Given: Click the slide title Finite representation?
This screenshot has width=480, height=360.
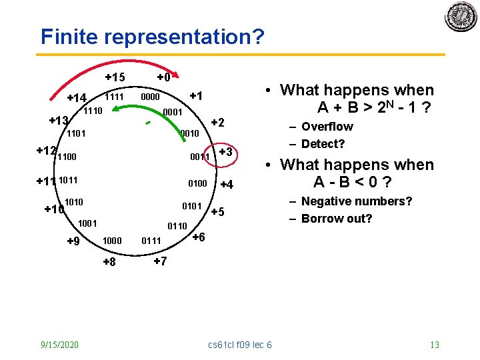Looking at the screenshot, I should (152, 37).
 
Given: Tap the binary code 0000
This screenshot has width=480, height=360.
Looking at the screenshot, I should (149, 97).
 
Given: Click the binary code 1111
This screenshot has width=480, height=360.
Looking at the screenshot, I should (115, 97).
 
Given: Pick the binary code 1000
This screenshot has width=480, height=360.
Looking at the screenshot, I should (111, 241).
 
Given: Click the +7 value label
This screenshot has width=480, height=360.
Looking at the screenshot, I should (160, 261).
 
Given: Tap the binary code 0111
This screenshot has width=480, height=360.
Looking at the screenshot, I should (151, 241).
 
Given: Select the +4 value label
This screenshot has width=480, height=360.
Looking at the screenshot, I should (226, 185).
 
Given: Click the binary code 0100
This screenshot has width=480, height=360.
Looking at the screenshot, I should (197, 183).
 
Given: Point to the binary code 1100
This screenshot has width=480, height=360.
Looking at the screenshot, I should (67, 158).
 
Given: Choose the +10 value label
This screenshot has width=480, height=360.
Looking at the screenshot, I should (53, 209).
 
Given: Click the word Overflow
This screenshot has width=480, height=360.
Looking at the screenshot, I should (327, 127).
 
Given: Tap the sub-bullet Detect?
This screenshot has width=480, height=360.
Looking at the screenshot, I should (323, 144).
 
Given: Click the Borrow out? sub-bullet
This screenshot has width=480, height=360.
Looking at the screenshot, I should (337, 219).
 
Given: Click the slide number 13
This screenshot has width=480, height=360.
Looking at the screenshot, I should (434, 345).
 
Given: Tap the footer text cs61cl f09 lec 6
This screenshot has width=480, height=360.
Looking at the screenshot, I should (240, 345).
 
